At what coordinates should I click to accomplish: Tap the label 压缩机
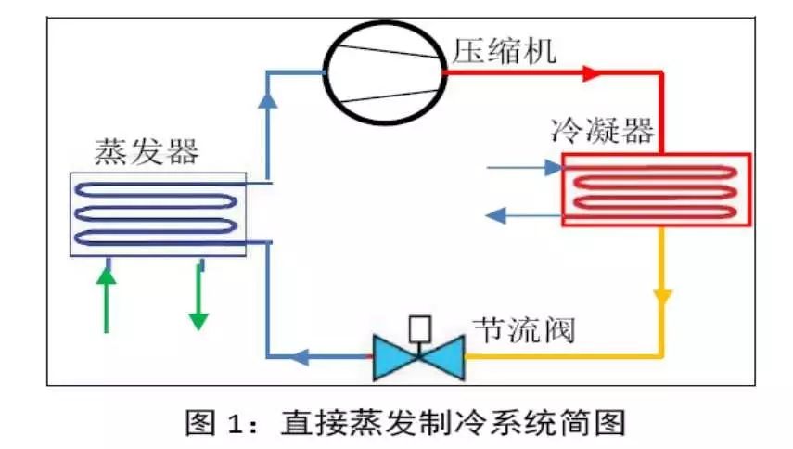(x=505, y=50)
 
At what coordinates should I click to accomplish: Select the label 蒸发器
(x=146, y=151)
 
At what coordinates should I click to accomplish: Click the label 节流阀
(x=524, y=330)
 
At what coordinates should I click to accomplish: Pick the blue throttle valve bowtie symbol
(x=417, y=357)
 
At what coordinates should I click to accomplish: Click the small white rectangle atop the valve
(x=418, y=327)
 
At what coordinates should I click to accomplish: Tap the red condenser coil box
(x=656, y=189)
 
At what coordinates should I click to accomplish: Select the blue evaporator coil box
(x=159, y=213)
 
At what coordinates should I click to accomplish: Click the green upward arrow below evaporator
(x=107, y=297)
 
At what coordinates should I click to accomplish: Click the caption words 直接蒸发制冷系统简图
(x=454, y=423)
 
